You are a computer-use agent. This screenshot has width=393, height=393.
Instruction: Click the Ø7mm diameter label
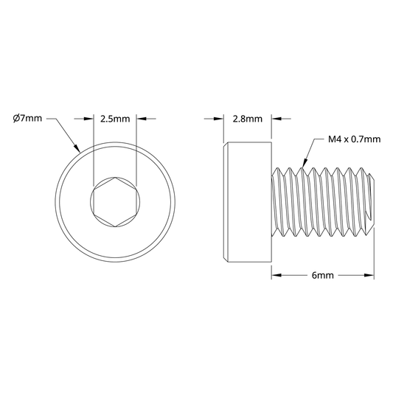(27, 118)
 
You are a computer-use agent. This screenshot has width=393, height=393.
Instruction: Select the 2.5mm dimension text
(115, 119)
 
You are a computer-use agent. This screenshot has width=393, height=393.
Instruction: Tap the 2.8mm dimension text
(248, 119)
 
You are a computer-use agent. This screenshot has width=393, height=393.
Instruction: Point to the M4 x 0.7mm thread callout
(354, 139)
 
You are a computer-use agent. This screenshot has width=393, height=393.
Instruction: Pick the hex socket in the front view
(115, 202)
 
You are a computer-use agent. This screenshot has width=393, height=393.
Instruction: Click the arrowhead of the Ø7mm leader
(77, 149)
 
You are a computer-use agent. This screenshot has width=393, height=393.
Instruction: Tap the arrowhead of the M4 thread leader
(305, 163)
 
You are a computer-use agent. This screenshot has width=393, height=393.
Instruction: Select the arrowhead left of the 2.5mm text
(88, 119)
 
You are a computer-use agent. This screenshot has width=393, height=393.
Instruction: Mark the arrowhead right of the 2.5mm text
(142, 119)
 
